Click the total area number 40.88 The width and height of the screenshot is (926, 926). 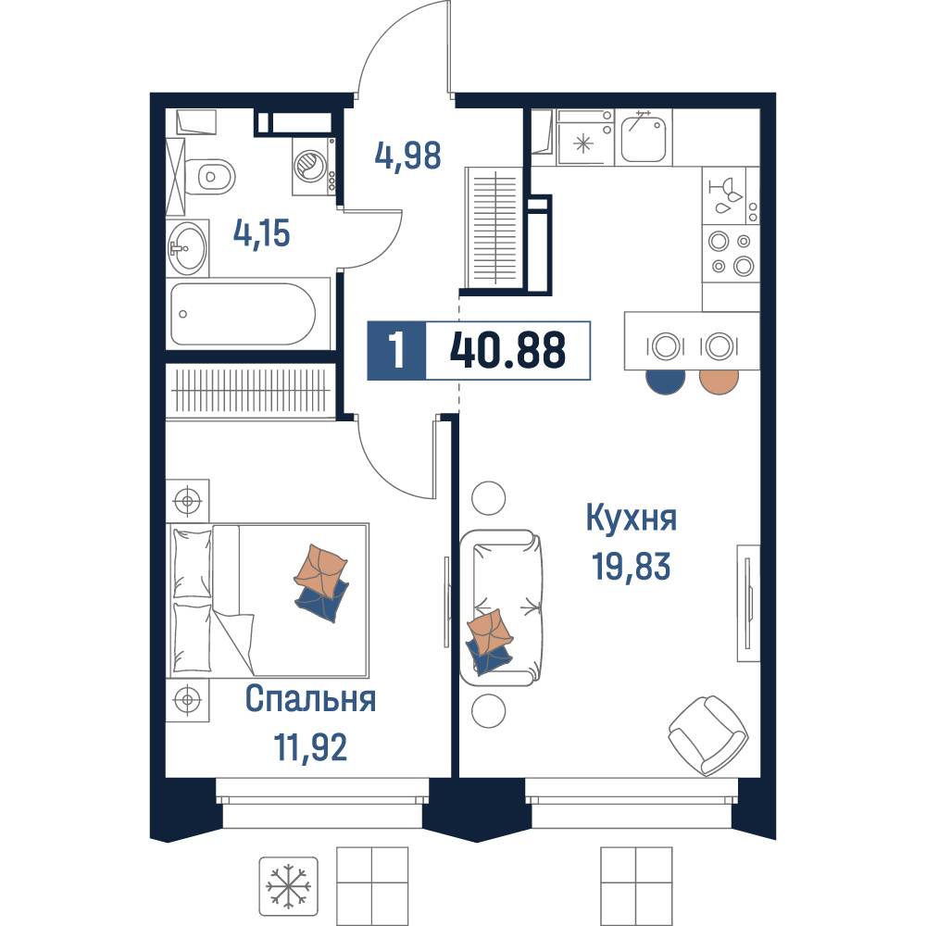[507, 350]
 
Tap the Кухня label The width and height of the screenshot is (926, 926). [632, 518]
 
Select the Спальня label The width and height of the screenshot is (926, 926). [310, 698]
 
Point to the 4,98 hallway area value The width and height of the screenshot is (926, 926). [407, 156]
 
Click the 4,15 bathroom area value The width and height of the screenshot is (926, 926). [262, 232]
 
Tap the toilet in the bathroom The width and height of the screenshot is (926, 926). [209, 176]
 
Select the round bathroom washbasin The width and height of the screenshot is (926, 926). [188, 248]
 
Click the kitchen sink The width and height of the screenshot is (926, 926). [644, 137]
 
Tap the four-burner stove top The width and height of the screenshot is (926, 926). [731, 254]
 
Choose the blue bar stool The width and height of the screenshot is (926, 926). [666, 381]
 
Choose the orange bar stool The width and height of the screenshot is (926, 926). [719, 381]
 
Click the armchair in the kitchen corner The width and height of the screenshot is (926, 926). [708, 735]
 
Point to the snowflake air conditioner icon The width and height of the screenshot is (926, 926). [288, 886]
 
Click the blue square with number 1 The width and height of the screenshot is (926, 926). [396, 350]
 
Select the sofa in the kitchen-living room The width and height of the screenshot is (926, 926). [501, 607]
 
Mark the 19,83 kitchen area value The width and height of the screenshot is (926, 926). [632, 566]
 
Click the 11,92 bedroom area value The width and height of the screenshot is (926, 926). [310, 747]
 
